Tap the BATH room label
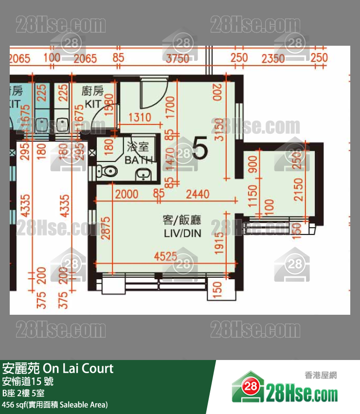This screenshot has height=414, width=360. click(x=139, y=160)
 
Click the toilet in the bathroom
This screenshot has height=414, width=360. click(x=108, y=170)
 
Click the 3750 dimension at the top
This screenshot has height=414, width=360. click(x=177, y=59)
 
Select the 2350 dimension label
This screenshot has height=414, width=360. click(x=272, y=59)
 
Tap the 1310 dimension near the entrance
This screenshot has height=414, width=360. click(x=139, y=117)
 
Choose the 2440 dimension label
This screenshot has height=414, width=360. click(x=197, y=195)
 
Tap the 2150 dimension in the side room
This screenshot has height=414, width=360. click(x=298, y=190)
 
